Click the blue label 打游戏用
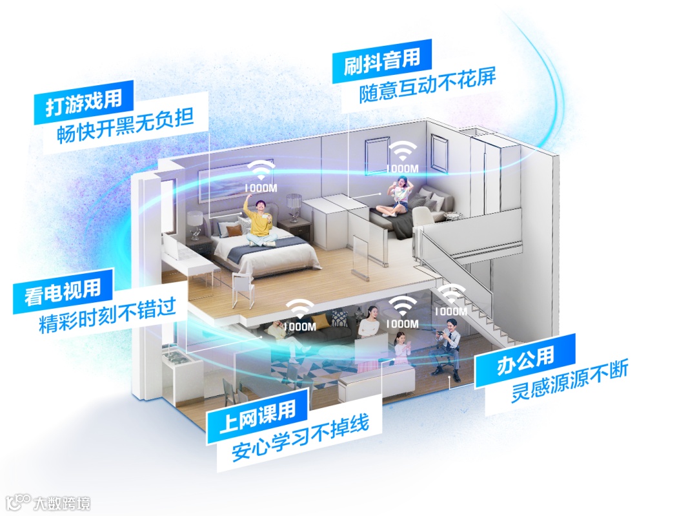[84, 104]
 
